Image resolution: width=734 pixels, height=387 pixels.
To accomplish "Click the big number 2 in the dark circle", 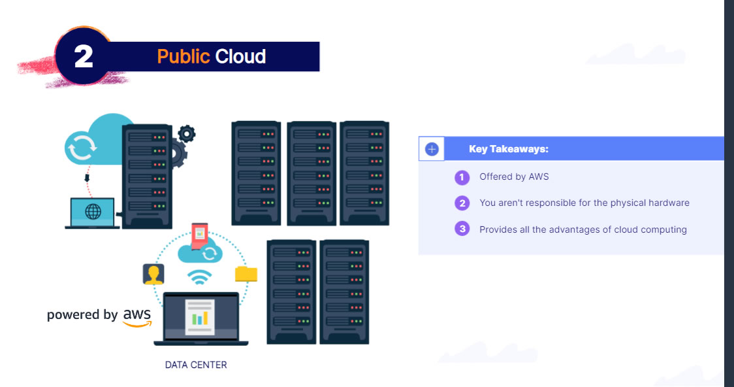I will [84, 57].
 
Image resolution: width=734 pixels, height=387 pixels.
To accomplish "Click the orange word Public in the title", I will [183, 57].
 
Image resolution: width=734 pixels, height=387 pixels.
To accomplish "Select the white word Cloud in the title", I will [240, 57].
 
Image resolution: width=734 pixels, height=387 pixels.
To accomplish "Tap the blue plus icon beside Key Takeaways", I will [431, 149].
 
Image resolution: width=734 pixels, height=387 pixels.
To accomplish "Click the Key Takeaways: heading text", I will [509, 149].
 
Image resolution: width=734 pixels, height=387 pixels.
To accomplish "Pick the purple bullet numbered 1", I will [462, 177].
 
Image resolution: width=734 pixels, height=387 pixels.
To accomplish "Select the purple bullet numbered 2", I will [462, 203].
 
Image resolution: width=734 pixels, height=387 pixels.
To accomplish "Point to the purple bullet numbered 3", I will [462, 229].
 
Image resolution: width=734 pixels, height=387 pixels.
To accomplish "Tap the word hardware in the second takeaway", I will [669, 203].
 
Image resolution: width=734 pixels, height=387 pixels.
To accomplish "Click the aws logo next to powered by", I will [137, 316].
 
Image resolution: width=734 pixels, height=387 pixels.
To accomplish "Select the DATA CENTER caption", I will [196, 365].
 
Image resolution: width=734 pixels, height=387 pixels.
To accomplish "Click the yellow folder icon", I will [246, 274].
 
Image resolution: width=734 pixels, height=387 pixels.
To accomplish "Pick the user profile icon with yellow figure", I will [153, 274].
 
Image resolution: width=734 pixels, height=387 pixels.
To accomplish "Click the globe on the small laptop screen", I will [93, 212].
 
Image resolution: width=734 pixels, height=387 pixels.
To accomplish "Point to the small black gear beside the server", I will [187, 134].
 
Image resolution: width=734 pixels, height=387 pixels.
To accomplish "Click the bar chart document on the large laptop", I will [200, 318].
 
